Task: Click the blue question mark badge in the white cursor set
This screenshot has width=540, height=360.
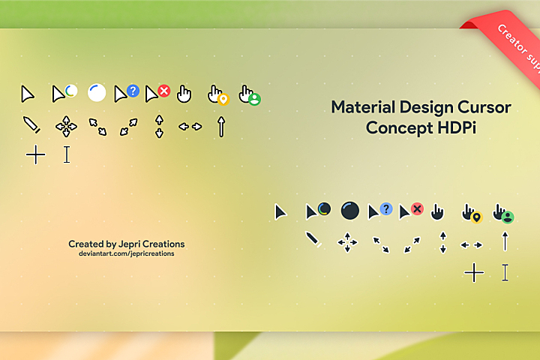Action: (x=133, y=91)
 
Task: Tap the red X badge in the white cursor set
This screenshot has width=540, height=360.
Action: (x=163, y=91)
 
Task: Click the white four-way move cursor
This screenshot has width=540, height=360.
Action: (x=67, y=126)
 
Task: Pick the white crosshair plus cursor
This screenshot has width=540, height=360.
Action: (x=36, y=155)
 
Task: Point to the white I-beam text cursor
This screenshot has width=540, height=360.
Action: (x=67, y=154)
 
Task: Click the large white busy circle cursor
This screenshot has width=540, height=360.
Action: (x=97, y=93)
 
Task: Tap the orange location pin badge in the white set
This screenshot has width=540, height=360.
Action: (x=222, y=99)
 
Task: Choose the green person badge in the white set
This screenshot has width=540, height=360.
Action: (x=253, y=99)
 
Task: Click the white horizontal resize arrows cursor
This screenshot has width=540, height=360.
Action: (x=190, y=127)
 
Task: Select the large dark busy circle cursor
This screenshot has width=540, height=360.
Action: (x=350, y=211)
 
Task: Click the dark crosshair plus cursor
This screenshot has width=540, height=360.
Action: (x=474, y=272)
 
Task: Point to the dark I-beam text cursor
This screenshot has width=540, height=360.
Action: (x=505, y=272)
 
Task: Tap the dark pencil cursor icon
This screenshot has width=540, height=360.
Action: (x=314, y=241)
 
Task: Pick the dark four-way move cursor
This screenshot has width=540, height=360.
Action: (x=347, y=242)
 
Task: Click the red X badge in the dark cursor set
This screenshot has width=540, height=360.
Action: (x=417, y=208)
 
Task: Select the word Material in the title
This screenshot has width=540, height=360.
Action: (x=363, y=107)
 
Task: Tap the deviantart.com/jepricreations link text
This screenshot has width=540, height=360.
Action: (x=127, y=254)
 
